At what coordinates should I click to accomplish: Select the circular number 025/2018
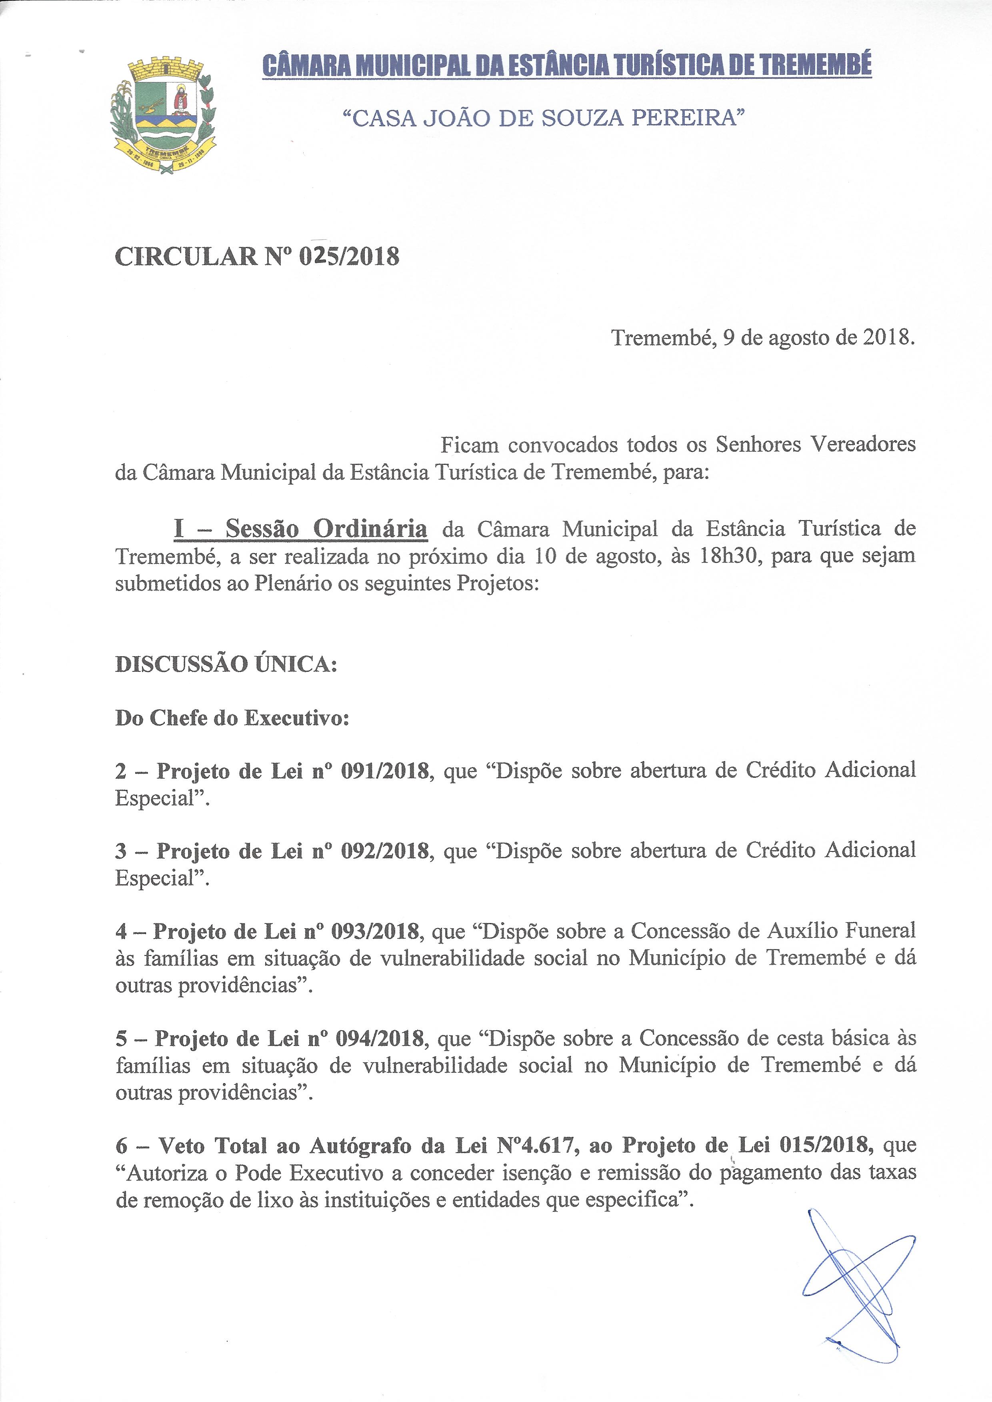[349, 256]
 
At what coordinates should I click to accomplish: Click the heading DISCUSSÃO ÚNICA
[226, 664]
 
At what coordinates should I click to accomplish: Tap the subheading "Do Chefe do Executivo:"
[232, 718]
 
